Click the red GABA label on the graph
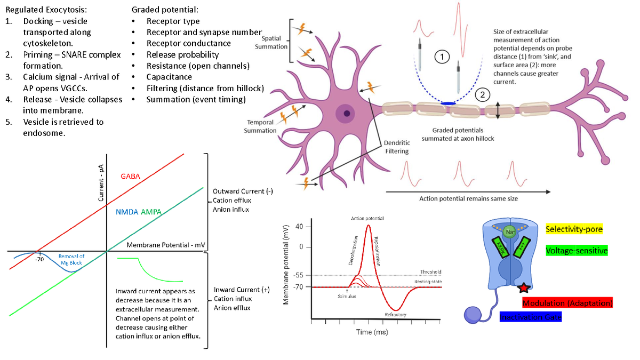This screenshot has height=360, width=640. [130, 176]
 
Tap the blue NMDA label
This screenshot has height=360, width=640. [127, 212]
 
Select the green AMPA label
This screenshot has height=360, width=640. [151, 212]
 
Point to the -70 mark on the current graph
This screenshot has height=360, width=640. [39, 260]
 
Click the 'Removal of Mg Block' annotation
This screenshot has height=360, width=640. [71, 260]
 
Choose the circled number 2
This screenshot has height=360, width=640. [482, 95]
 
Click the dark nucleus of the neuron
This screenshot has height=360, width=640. [348, 113]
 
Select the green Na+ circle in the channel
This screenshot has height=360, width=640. [509, 231]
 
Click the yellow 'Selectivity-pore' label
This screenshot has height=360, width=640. [574, 229]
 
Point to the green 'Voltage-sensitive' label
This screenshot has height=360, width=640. [577, 250]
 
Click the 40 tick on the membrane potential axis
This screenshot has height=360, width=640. [299, 227]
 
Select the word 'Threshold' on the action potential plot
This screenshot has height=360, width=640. [430, 272]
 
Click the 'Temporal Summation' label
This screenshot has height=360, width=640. [260, 126]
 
